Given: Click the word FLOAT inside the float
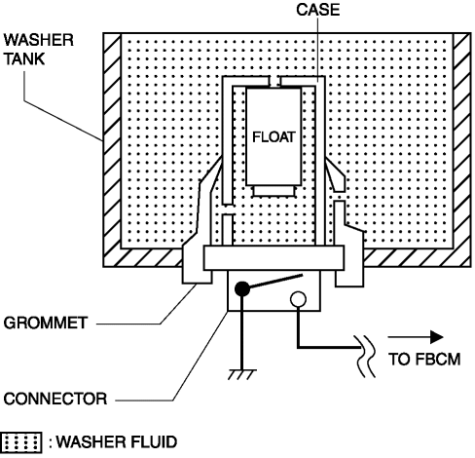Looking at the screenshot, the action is pyautogui.click(x=274, y=137).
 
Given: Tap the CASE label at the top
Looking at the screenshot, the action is pyautogui.click(x=318, y=10).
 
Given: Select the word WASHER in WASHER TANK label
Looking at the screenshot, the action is pyautogui.click(x=39, y=40).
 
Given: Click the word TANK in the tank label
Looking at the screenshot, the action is pyautogui.click(x=24, y=59).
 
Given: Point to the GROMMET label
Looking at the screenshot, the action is pyautogui.click(x=46, y=323).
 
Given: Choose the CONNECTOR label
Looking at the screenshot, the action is pyautogui.click(x=55, y=399).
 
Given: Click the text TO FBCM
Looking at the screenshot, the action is pyautogui.click(x=424, y=360).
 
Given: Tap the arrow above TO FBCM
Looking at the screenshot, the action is pyautogui.click(x=416, y=337).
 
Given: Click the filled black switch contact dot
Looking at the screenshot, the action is pyautogui.click(x=242, y=288).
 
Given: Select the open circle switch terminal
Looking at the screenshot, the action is pyautogui.click(x=298, y=299).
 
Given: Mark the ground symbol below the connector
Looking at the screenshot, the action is pyautogui.click(x=242, y=374).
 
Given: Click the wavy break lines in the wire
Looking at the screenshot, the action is pyautogui.click(x=366, y=357).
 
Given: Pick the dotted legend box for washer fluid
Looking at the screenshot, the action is pyautogui.click(x=21, y=442).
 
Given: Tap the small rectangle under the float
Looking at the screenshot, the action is pyautogui.click(x=274, y=191).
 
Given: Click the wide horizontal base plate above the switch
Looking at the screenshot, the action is pyautogui.click(x=274, y=258).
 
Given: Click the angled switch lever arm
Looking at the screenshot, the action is pyautogui.click(x=275, y=281).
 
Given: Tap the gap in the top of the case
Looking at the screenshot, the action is pyautogui.click(x=274, y=81).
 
